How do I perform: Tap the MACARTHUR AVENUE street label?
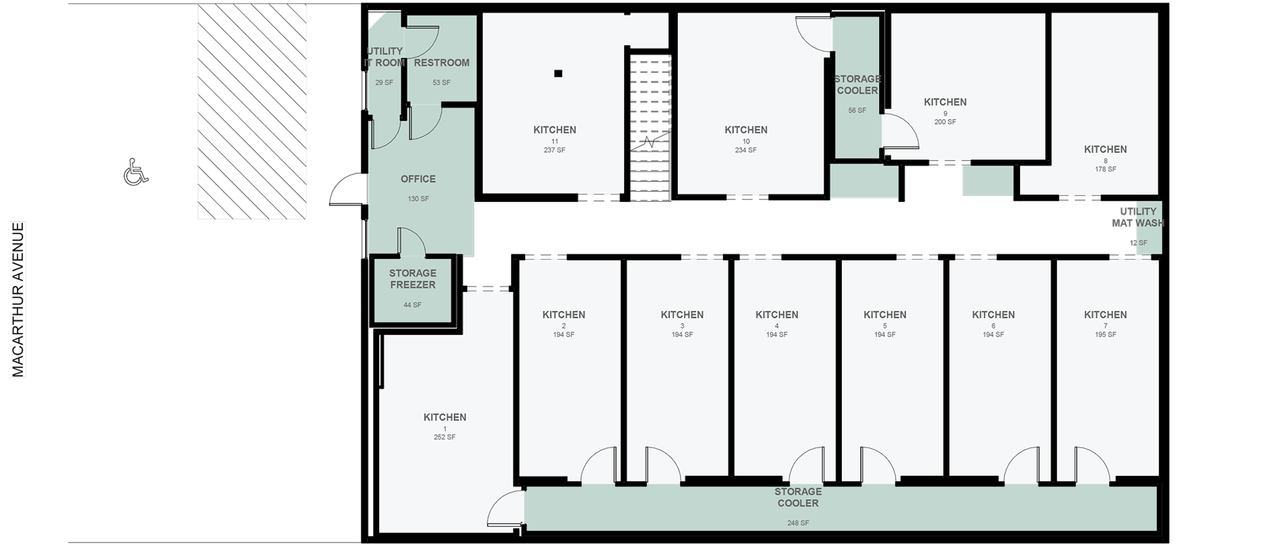18,299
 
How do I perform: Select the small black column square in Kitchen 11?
558,73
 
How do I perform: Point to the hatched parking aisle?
252,112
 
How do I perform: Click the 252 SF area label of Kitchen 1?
445,437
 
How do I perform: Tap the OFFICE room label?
418,179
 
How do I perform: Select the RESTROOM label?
441,63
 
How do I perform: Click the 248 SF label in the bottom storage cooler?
798,523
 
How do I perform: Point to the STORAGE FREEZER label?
413,279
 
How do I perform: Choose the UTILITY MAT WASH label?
1138,217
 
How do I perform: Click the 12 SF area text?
1138,243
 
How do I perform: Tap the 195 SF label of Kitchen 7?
1105,334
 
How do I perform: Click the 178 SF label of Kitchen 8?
1105,169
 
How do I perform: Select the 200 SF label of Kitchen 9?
945,122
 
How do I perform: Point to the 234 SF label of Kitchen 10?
746,150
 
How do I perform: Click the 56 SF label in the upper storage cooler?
857,111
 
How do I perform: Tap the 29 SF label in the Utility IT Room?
384,83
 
